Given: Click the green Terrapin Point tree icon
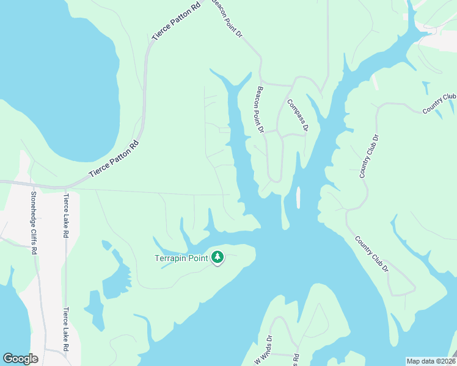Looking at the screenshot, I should click(x=218, y=257).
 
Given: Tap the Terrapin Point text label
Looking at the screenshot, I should click(x=181, y=258).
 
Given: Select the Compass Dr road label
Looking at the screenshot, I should click(x=298, y=116).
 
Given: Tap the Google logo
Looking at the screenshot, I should click(x=20, y=359).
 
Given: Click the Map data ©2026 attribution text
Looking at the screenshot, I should click(x=431, y=361).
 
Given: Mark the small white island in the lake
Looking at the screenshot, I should click(x=298, y=197).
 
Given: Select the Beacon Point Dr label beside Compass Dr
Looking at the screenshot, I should click(x=260, y=109).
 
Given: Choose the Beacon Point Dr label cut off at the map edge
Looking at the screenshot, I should click(x=227, y=16).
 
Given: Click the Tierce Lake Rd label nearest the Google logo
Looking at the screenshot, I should click(x=65, y=329).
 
